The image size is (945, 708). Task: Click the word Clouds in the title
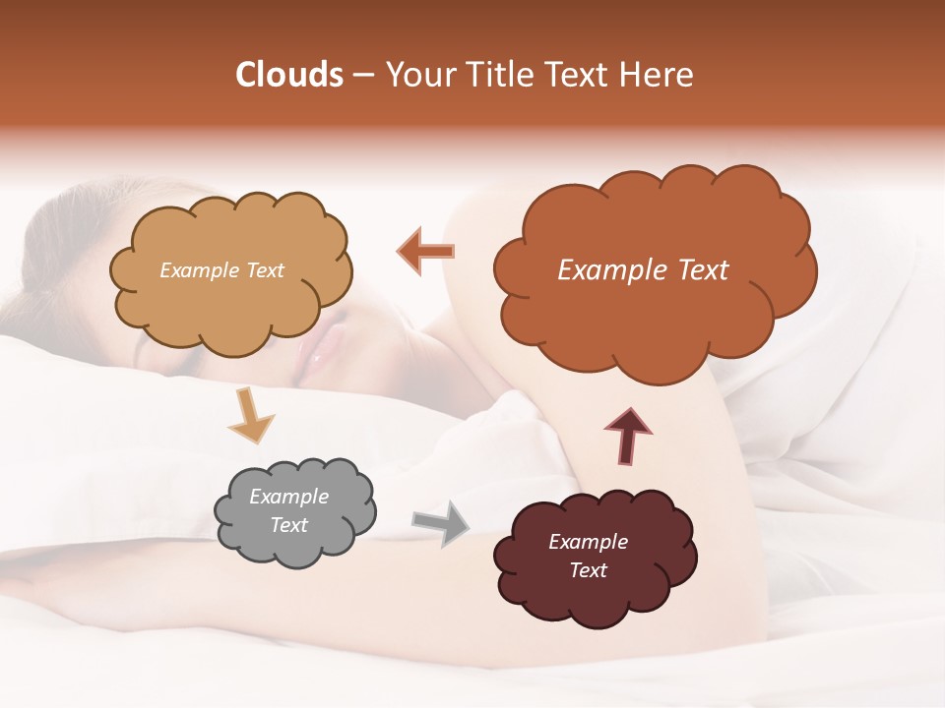[x=289, y=75]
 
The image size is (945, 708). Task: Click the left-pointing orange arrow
[x=425, y=251]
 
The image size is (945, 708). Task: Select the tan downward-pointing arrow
[x=250, y=415]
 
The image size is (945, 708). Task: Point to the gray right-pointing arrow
[x=440, y=522]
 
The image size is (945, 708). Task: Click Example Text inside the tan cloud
[x=221, y=270]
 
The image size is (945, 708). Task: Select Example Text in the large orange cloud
[x=643, y=270]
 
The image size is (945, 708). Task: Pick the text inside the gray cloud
[x=288, y=510]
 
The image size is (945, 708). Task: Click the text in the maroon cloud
[x=588, y=556]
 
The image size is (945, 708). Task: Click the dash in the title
[x=362, y=76]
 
